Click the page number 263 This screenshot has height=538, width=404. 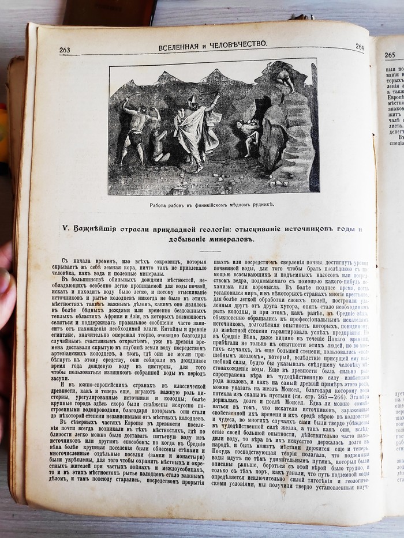[x=65, y=50]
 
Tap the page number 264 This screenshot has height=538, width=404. [x=359, y=47]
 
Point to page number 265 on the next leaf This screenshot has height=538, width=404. [x=390, y=55]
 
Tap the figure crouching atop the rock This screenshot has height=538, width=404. [x=283, y=78]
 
